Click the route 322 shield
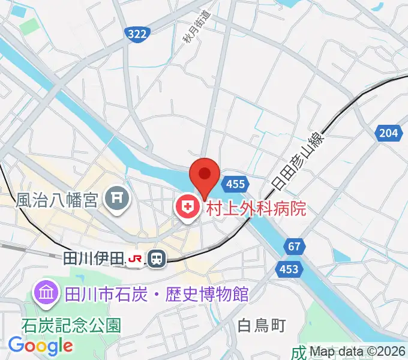point(137,35)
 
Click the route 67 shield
point(293,246)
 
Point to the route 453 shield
point(289,269)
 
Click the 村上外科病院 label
point(256,208)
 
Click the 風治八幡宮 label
point(56,199)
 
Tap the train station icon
point(157,259)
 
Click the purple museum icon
point(46,294)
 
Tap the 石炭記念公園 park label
point(71,325)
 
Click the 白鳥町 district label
point(261,326)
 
